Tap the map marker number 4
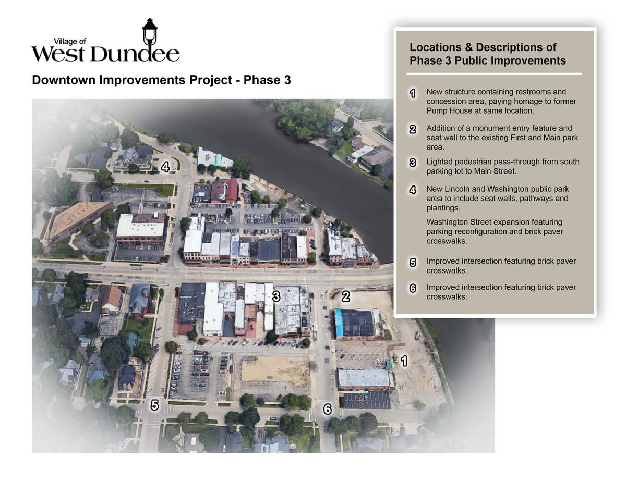[165, 167]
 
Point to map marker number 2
[345, 297]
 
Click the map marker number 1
[403, 360]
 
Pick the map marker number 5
[154, 405]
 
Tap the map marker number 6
[327, 410]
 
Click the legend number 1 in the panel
[413, 94]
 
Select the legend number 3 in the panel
[413, 163]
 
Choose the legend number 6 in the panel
[413, 288]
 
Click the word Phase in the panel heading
[424, 60]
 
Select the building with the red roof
[225, 190]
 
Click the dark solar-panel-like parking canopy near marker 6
[367, 400]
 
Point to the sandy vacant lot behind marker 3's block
[274, 371]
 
